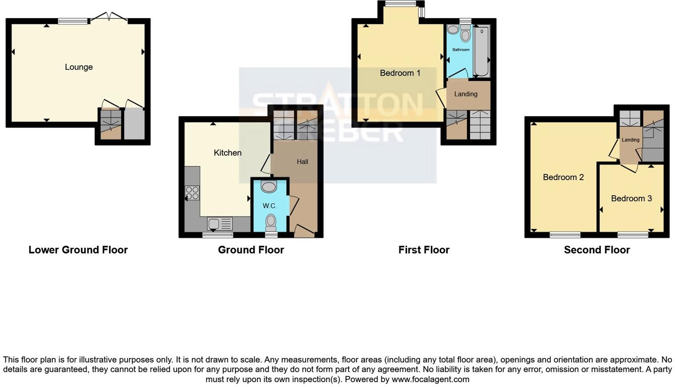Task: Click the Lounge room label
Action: pyautogui.click(x=79, y=67)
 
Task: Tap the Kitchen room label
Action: pyautogui.click(x=227, y=153)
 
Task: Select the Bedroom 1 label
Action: pyautogui.click(x=400, y=73)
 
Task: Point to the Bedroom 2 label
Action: pyautogui.click(x=563, y=177)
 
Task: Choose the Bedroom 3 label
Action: pyautogui.click(x=631, y=198)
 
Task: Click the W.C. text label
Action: pyautogui.click(x=270, y=206)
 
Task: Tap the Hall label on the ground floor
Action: pyautogui.click(x=302, y=162)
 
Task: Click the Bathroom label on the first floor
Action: pyautogui.click(x=461, y=50)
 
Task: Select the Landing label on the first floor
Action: pyautogui.click(x=465, y=94)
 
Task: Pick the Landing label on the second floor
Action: pyautogui.click(x=630, y=140)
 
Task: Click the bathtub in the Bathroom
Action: pyautogui.click(x=481, y=51)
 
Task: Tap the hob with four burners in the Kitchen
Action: pyautogui.click(x=192, y=193)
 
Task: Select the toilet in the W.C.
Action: pyautogui.click(x=270, y=220)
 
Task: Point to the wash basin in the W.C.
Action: pyautogui.click(x=269, y=187)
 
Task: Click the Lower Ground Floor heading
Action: pyautogui.click(x=78, y=250)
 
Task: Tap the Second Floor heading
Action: pyautogui.click(x=596, y=250)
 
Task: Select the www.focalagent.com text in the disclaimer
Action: pyautogui.click(x=430, y=379)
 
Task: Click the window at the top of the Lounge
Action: pyautogui.click(x=73, y=20)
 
